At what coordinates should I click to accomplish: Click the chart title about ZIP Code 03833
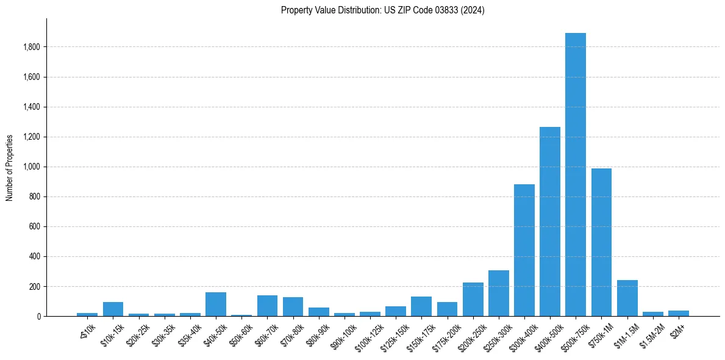[382, 10]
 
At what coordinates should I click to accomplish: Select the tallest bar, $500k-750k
[575, 175]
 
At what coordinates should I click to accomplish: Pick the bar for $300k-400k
[524, 250]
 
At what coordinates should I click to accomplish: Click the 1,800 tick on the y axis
[31, 47]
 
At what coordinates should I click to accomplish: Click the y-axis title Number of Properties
[10, 168]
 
